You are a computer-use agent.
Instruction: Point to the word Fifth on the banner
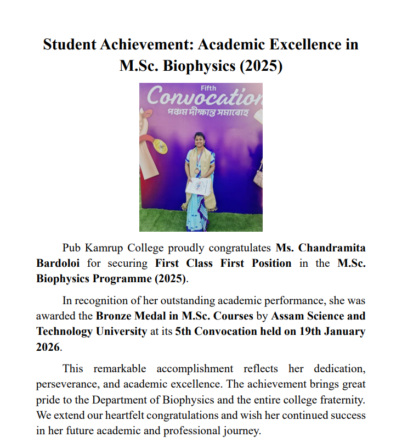208,88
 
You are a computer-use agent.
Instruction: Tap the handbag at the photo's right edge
258,176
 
